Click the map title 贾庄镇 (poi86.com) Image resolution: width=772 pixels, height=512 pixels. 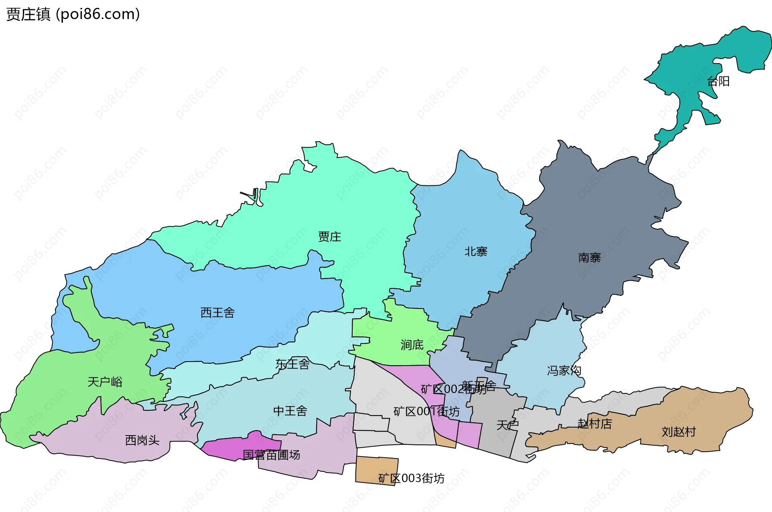(x=73, y=14)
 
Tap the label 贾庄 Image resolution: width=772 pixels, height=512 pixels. (x=329, y=236)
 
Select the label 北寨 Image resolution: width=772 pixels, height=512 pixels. (x=476, y=251)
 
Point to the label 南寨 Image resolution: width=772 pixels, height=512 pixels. (x=589, y=257)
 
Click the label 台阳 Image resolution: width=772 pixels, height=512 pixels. (x=718, y=81)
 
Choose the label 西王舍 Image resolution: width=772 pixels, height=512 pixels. (x=218, y=313)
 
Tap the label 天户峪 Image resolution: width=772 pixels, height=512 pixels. (x=105, y=382)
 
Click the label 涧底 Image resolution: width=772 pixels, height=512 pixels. (x=412, y=345)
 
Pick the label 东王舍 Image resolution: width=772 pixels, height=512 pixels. (x=292, y=364)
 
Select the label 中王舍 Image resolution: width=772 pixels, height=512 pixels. (x=290, y=411)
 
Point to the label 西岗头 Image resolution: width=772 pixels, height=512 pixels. (x=142, y=440)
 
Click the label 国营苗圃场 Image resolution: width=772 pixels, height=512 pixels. (x=271, y=455)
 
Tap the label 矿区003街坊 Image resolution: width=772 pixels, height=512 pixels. (x=411, y=478)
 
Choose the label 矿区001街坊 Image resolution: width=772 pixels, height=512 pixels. (x=426, y=411)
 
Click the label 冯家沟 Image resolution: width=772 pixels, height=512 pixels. (x=564, y=370)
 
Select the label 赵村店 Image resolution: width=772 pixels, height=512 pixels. (x=595, y=424)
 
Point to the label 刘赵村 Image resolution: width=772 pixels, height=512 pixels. (x=679, y=432)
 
